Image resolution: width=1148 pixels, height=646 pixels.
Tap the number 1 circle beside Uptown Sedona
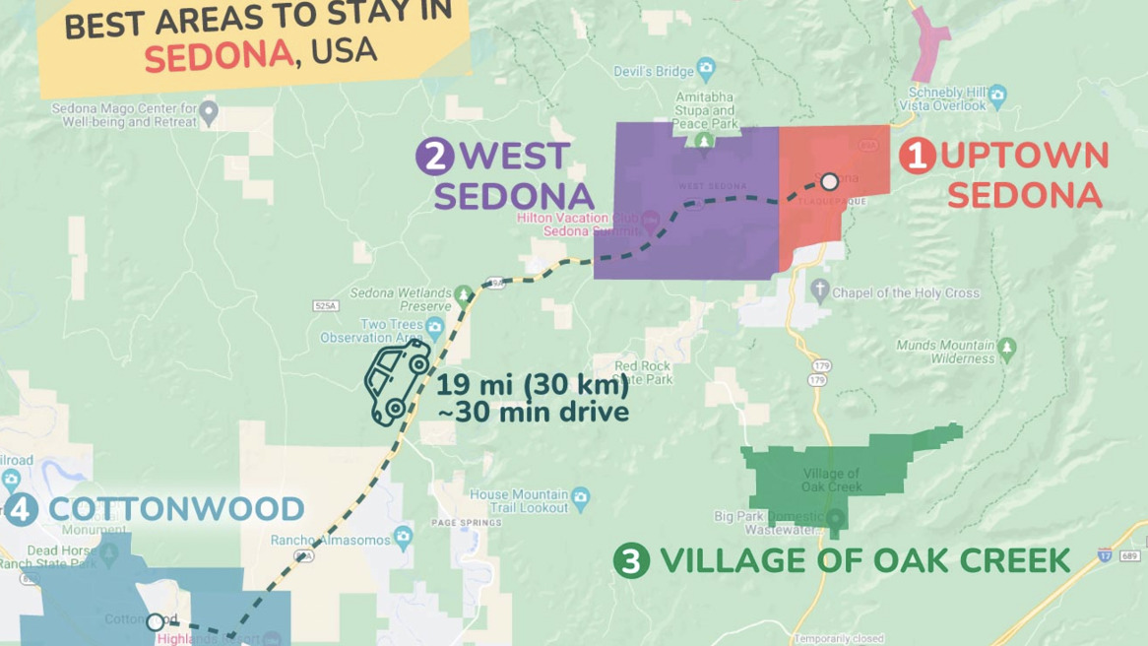pos(918,157)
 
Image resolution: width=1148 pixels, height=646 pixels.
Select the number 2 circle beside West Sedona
pos(432,157)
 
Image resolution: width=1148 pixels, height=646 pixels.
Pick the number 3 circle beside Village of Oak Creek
pos(631,561)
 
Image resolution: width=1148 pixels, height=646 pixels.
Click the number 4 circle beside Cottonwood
pos(23,510)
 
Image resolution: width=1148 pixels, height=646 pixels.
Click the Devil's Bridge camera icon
pos(705,70)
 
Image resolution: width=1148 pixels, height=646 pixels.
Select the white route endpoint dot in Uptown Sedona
pos(830,181)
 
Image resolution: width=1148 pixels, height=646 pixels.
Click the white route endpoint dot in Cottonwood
pos(155,622)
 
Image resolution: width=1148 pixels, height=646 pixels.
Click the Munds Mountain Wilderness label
pos(945,352)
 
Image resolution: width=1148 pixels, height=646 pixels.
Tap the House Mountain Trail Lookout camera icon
pos(580,494)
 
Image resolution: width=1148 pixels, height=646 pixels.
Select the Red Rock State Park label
pos(643,372)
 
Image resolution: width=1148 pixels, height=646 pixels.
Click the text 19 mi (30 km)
pos(533,386)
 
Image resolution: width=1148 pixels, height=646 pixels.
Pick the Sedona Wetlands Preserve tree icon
pos(464,293)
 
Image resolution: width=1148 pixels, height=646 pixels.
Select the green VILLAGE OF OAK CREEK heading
pos(864,561)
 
